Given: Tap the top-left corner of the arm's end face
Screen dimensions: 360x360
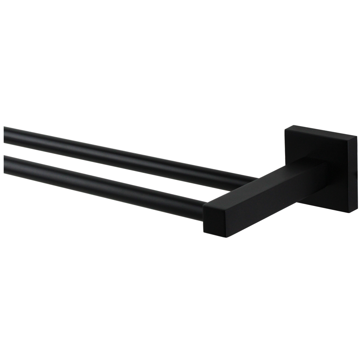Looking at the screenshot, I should click(204, 205).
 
